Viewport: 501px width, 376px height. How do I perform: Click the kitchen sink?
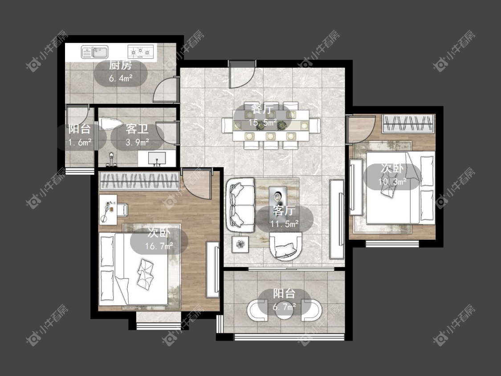pyautogui.click(x=94, y=52)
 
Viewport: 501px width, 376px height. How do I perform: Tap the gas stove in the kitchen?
pyautogui.click(x=141, y=52)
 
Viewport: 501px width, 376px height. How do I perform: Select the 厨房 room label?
pyautogui.click(x=120, y=65)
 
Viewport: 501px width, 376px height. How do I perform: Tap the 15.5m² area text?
pyautogui.click(x=263, y=123)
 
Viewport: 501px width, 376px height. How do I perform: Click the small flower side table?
pyautogui.click(x=240, y=245)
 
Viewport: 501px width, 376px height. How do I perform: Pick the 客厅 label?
pyautogui.click(x=284, y=211)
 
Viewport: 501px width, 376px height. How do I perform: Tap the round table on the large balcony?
pyautogui.click(x=284, y=310)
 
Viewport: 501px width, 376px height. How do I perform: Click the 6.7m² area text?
pyautogui.click(x=284, y=307)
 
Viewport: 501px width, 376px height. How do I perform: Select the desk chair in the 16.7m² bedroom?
pyautogui.click(x=122, y=209)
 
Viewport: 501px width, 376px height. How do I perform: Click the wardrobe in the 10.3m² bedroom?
pyautogui.click(x=408, y=124)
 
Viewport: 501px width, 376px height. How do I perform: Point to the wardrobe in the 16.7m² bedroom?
pyautogui.click(x=139, y=181)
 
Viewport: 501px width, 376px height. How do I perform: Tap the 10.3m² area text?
pyautogui.click(x=392, y=182)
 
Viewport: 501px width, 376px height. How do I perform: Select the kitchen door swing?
pyautogui.click(x=166, y=90)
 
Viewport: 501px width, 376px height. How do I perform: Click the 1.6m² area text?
pyautogui.click(x=80, y=142)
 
